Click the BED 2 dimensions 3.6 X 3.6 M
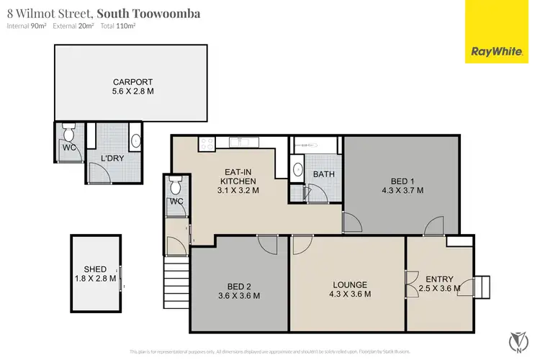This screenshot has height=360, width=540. click(239, 295)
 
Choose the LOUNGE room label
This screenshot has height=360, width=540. click(350, 284)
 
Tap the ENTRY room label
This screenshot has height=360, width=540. click(439, 279)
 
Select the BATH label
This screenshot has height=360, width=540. click(323, 174)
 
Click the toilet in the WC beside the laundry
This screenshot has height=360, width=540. click(69, 132)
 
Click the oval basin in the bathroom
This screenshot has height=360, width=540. click(298, 171)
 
